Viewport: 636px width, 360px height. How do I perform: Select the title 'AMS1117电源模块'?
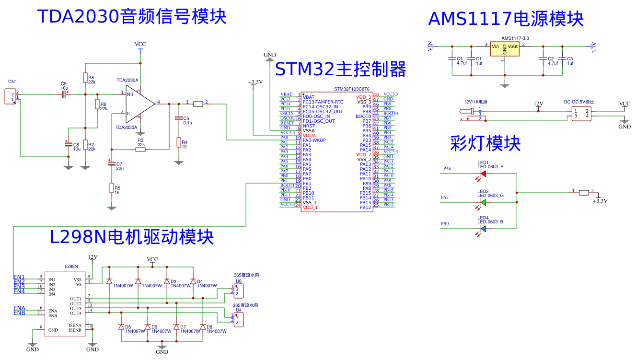[506, 19]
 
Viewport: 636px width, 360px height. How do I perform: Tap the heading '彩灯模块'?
[485, 143]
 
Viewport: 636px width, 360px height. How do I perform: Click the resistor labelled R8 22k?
[85, 78]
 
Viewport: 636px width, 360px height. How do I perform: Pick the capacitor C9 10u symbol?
[64, 94]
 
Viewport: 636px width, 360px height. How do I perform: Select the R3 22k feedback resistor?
[140, 150]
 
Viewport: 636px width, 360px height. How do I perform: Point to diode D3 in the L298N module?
[167, 281]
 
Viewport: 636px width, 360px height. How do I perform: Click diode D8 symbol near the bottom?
[203, 327]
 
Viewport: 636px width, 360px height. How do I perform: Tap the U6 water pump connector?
[238, 291]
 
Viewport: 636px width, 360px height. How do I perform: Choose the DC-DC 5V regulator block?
[580, 113]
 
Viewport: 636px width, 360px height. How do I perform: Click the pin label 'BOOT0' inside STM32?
[363, 116]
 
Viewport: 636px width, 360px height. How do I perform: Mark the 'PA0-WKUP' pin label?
[314, 140]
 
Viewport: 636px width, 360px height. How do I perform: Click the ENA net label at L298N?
[19, 308]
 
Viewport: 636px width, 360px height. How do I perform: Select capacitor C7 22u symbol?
[112, 164]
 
